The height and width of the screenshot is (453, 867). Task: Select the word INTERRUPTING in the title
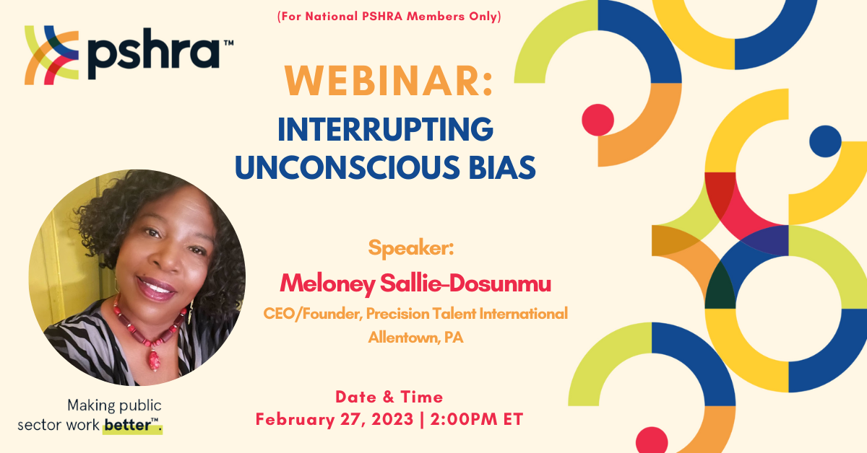(386, 129)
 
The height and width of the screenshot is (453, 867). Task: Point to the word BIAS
(502, 167)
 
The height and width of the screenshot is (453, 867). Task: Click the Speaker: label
(410, 247)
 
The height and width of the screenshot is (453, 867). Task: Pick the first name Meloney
(327, 284)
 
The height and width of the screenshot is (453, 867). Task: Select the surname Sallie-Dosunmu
(465, 283)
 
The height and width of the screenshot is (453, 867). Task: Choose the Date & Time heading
(389, 397)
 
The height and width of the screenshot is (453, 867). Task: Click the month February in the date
(296, 420)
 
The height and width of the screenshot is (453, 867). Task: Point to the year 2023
(392, 419)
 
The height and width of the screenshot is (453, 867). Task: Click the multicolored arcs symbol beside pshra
(52, 55)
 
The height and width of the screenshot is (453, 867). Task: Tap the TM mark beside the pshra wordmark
(229, 43)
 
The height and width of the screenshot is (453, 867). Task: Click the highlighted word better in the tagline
(128, 425)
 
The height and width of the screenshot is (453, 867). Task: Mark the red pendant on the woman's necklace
(154, 360)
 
